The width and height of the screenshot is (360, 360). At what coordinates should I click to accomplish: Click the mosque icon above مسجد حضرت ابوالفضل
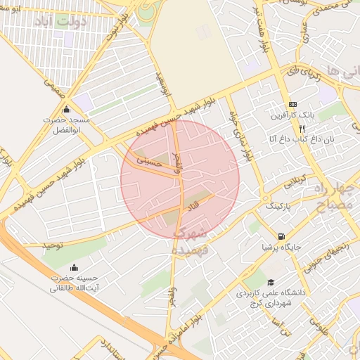(x=67, y=110)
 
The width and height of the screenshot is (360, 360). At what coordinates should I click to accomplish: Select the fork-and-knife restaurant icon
(x=302, y=129)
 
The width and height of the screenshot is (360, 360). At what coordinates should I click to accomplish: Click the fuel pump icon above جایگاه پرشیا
(x=281, y=237)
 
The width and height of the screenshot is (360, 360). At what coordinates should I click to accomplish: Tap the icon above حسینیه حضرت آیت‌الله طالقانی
(x=75, y=268)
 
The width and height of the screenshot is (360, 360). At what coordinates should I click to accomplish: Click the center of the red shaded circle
(x=180, y=179)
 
